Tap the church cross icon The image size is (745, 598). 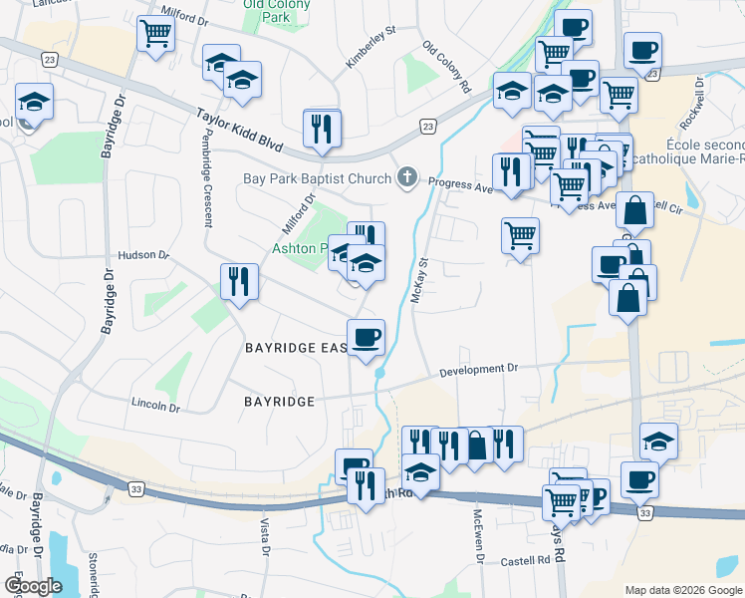[406, 179]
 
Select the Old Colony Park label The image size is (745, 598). [268, 10]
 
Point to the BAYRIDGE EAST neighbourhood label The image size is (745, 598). [296, 348]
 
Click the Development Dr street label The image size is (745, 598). [480, 369]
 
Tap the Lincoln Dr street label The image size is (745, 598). [155, 407]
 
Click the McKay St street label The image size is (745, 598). [419, 282]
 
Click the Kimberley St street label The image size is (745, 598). [371, 47]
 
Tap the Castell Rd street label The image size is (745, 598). [526, 561]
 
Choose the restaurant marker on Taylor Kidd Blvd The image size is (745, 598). [322, 129]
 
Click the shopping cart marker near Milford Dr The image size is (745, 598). [155, 35]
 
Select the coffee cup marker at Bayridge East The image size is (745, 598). [366, 337]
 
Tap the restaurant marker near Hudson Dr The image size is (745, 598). [238, 281]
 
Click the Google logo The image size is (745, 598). [33, 586]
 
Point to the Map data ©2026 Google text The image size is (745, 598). [682, 589]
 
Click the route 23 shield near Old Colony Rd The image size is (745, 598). [427, 127]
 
